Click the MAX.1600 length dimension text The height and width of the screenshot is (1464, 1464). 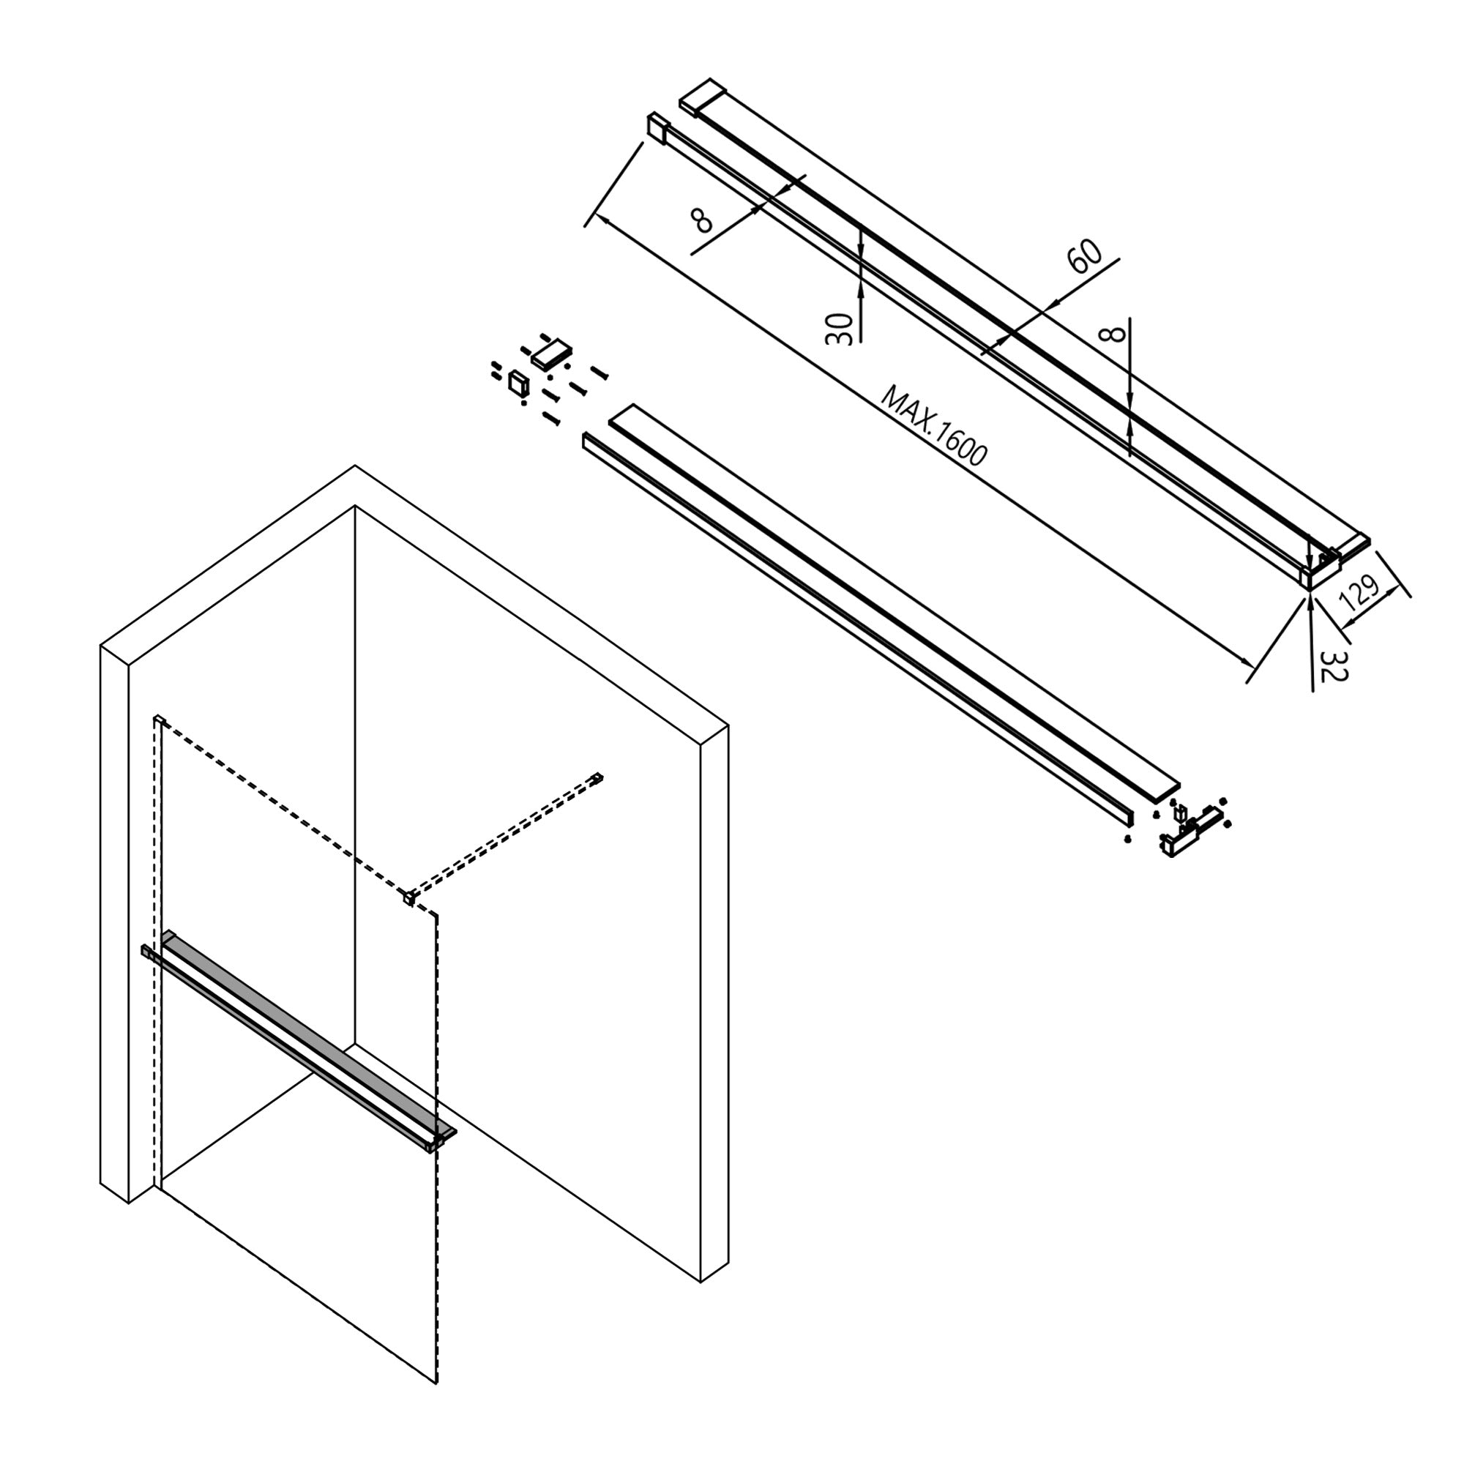click(x=934, y=427)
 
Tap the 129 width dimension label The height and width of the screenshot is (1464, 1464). click(x=1359, y=594)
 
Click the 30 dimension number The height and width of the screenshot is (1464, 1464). click(x=839, y=329)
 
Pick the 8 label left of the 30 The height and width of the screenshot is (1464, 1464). click(x=703, y=220)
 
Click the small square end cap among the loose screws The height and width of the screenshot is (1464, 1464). click(x=518, y=384)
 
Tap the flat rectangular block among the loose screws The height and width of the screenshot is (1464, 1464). click(x=551, y=354)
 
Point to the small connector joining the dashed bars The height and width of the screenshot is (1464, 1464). click(x=409, y=899)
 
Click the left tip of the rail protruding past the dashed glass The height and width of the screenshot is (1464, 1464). click(x=144, y=950)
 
